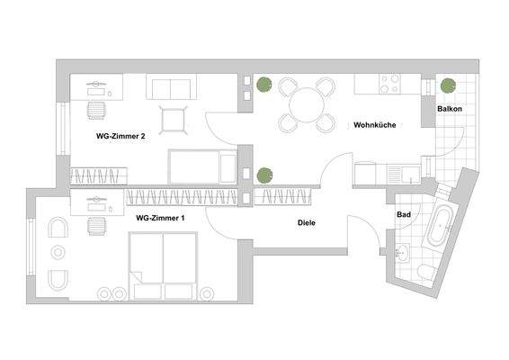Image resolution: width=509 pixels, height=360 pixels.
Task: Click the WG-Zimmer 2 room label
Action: tap(121, 137)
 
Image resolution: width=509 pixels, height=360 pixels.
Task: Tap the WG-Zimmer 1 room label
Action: tap(160, 218)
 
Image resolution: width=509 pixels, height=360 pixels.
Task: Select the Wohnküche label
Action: tap(375, 124)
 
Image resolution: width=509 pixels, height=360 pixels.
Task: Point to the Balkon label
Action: tap(451, 109)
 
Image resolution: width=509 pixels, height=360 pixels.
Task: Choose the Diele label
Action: tap(308, 222)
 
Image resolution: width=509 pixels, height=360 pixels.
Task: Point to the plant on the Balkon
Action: tap(447, 85)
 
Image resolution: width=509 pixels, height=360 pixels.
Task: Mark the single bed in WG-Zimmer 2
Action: tap(202, 166)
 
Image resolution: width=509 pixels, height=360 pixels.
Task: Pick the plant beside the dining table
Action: tap(262, 85)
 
